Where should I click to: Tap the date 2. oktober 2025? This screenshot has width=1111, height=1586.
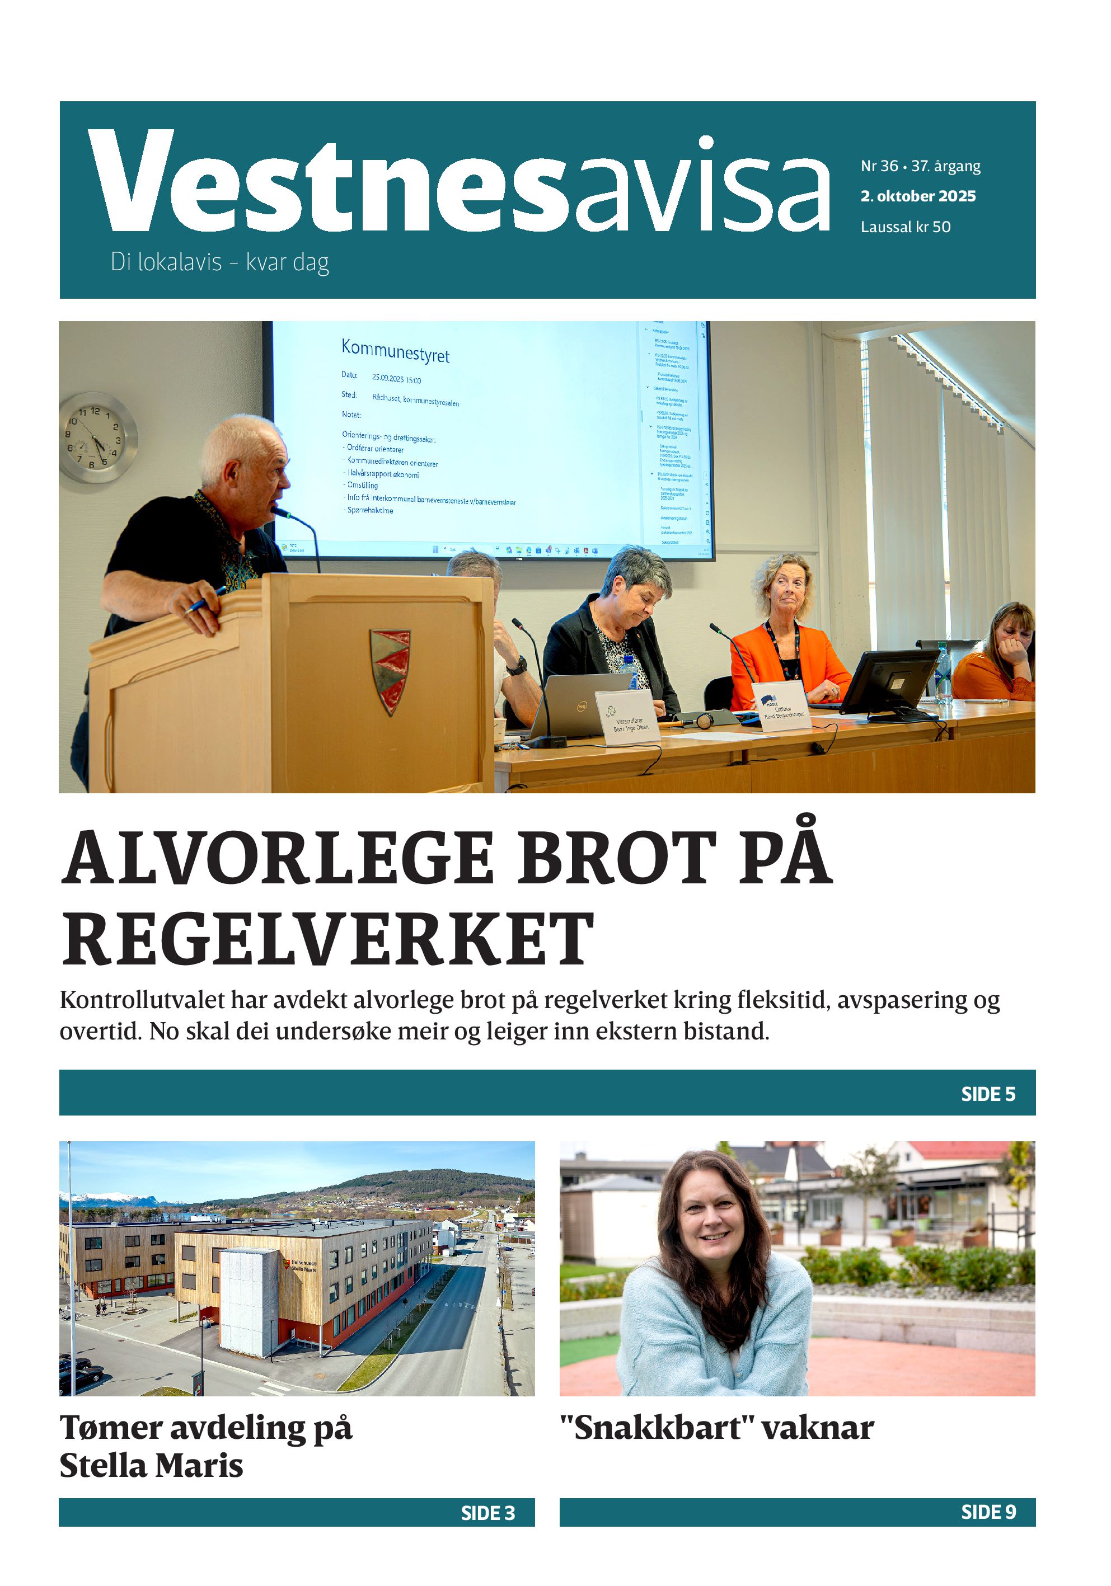pyautogui.click(x=917, y=196)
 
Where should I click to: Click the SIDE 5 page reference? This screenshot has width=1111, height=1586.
pyautogui.click(x=988, y=1094)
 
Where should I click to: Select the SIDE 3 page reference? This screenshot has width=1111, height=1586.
pyautogui.click(x=488, y=1513)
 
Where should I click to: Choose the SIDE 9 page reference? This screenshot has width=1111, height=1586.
pyautogui.click(x=988, y=1512)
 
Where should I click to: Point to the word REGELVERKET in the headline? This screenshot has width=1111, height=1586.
pyautogui.click(x=328, y=939)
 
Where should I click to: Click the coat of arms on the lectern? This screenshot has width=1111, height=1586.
pyautogui.click(x=390, y=670)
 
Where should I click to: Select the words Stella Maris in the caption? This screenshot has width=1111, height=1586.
pyautogui.click(x=151, y=1465)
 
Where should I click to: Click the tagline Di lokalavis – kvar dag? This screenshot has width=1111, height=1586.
pyautogui.click(x=220, y=263)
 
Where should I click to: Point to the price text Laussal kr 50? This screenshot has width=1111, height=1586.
pyautogui.click(x=905, y=227)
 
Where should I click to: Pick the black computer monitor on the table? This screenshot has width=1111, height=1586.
pyautogui.click(x=890, y=682)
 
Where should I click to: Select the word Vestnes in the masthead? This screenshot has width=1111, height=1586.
pyautogui.click(x=328, y=183)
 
